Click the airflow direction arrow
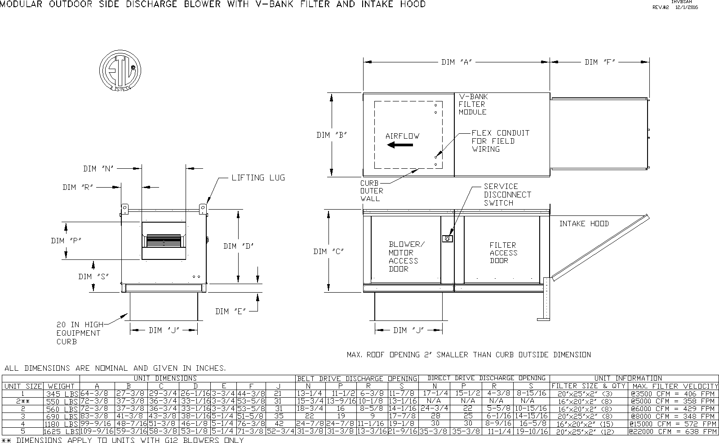pos(400,145)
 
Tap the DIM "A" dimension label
pos(457,62)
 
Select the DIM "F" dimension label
pos(599,62)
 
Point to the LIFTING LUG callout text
pos(258,178)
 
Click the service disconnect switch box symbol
pos(447,238)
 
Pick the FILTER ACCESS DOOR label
pos(503,253)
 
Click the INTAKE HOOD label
pos(584,224)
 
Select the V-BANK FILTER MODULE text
pos(473,104)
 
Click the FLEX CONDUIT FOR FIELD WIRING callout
pos(500,141)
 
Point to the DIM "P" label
pos(66,241)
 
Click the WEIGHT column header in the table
pos(61,386)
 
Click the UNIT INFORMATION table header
pos(634,378)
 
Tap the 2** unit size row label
pos(23,401)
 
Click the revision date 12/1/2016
pos(687,7)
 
